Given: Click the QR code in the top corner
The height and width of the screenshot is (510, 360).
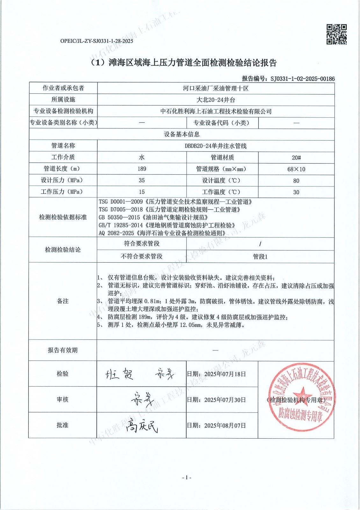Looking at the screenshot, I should click(336, 34).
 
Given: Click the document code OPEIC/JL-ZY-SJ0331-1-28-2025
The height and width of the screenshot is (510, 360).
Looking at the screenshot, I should click(97, 41).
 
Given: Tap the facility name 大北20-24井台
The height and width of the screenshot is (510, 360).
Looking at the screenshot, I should click(216, 100).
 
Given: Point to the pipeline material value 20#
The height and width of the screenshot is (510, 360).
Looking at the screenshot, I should click(296, 157).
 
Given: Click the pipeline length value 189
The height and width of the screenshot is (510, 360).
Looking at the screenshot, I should click(142, 169).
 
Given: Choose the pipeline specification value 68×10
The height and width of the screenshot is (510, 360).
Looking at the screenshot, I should click(296, 169).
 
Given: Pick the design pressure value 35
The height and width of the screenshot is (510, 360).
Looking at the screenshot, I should click(142, 180).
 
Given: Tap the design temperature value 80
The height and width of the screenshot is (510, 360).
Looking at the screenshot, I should click(296, 181).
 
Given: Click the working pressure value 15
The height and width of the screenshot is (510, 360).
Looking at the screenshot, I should click(142, 192).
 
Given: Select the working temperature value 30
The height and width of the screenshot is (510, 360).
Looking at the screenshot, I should click(296, 192).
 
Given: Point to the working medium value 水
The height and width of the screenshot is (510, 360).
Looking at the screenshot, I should click(142, 157).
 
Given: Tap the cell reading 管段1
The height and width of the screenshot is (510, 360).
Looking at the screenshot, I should click(260, 257).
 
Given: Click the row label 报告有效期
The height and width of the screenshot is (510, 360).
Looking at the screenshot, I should click(63, 350).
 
